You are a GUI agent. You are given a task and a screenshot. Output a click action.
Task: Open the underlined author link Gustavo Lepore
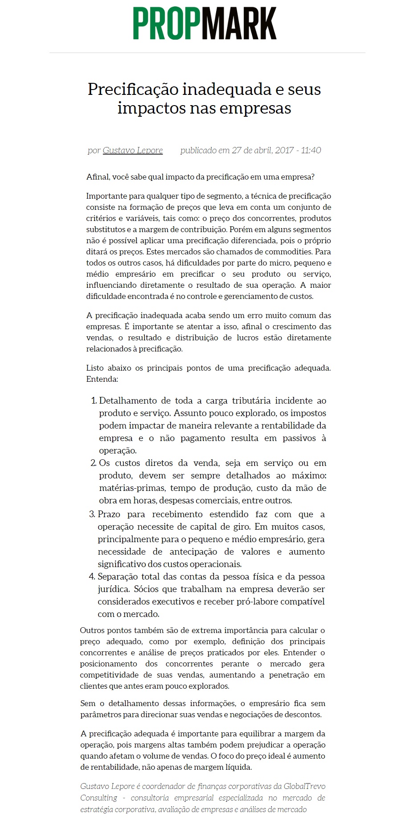point(133,150)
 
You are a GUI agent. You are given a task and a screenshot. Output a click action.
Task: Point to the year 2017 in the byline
point(284,150)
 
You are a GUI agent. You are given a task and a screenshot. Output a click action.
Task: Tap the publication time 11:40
point(311,150)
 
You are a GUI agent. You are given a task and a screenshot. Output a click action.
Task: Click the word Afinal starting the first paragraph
point(98,177)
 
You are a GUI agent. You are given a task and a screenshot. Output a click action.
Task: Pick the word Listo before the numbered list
point(95,368)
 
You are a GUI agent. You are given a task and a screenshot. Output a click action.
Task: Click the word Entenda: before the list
point(102,380)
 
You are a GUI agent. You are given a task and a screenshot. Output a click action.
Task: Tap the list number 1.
point(94,401)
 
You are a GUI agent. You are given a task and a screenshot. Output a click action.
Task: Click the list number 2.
point(94,463)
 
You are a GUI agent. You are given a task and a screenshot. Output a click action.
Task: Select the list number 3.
point(92,515)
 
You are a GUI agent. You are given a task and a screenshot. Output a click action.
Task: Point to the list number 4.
point(92,577)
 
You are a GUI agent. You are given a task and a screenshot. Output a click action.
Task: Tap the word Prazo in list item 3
point(109,515)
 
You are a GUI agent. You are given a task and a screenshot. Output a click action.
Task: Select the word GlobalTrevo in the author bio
point(305,787)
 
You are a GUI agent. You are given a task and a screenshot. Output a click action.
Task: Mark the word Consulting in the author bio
point(98,798)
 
